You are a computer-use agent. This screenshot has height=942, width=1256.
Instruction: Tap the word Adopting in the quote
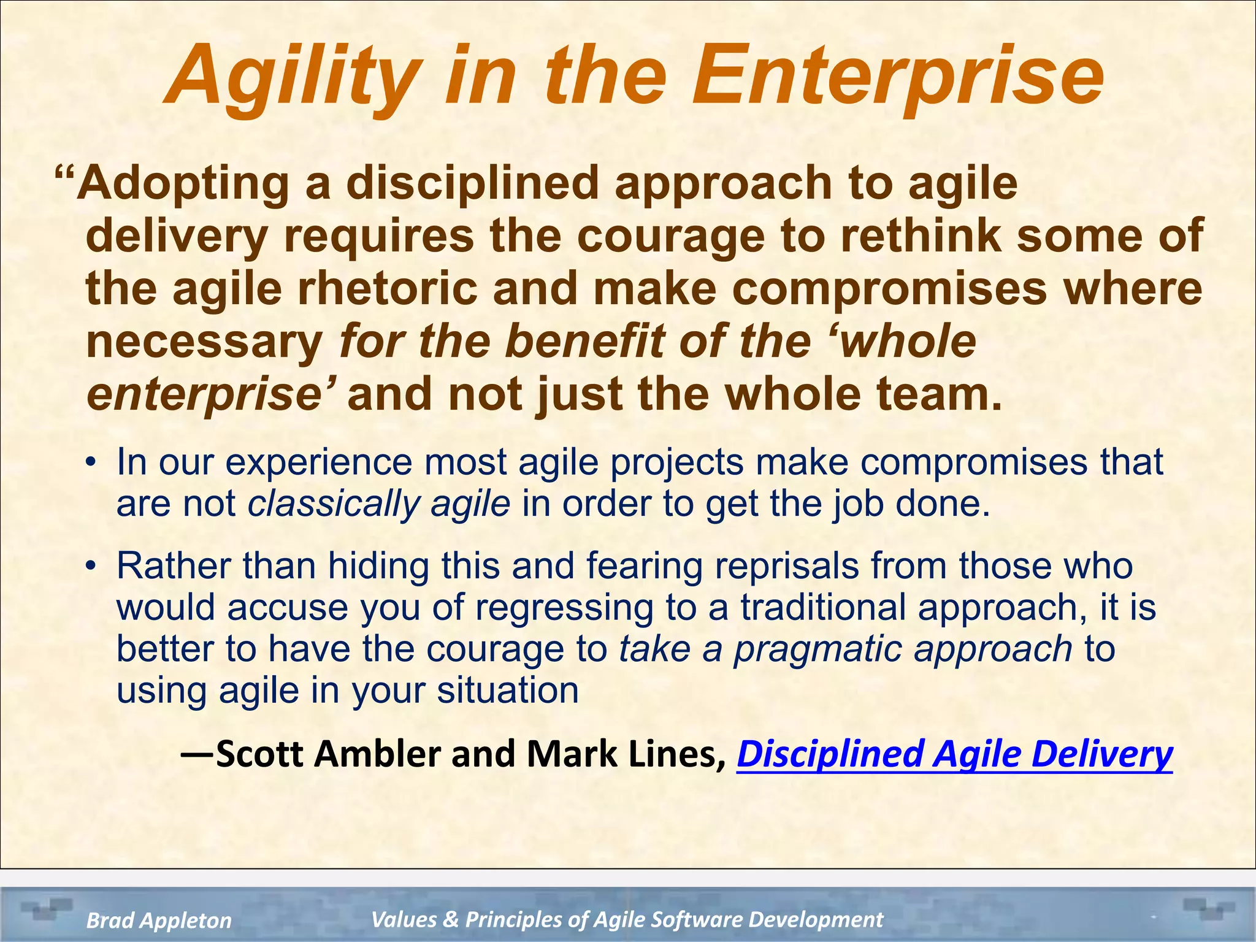click(183, 184)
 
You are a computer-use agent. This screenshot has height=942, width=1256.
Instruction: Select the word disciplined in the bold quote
click(472, 184)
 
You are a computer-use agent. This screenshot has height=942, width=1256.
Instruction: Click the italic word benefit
click(585, 342)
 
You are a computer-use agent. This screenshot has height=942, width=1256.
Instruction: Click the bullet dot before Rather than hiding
click(91, 565)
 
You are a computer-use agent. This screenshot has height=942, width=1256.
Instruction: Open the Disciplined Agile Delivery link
click(954, 754)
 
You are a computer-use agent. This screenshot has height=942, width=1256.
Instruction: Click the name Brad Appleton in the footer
click(159, 920)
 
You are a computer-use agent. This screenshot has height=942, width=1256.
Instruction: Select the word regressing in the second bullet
click(564, 607)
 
